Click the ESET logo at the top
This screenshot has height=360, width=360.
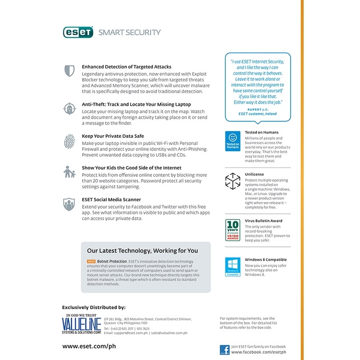[x=78, y=33]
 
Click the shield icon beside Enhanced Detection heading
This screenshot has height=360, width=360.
[x=69, y=71]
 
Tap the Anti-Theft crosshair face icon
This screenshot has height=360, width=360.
[x=69, y=108]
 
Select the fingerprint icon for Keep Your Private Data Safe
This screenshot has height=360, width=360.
[x=69, y=141]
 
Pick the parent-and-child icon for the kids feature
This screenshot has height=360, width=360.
[x=69, y=172]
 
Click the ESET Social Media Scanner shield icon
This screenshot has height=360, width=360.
[x=69, y=204]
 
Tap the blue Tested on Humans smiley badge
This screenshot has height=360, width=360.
[x=233, y=141]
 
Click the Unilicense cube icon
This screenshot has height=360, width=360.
[x=233, y=181]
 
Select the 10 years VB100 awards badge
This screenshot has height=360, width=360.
[x=233, y=230]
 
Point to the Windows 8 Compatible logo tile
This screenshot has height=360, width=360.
[x=233, y=267]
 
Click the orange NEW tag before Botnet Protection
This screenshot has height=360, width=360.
[x=91, y=262]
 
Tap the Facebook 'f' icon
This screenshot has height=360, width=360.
[x=224, y=350]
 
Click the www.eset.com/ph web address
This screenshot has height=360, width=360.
[x=89, y=346]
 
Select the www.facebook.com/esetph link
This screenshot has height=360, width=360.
[x=258, y=352]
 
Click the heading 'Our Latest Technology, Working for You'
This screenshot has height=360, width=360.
[x=142, y=251]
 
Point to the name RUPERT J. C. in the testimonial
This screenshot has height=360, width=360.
[x=258, y=109]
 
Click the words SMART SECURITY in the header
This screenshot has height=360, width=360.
[x=130, y=33]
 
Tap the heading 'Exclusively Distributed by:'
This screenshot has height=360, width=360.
[x=94, y=307]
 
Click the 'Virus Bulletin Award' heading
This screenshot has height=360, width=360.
[x=263, y=221]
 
